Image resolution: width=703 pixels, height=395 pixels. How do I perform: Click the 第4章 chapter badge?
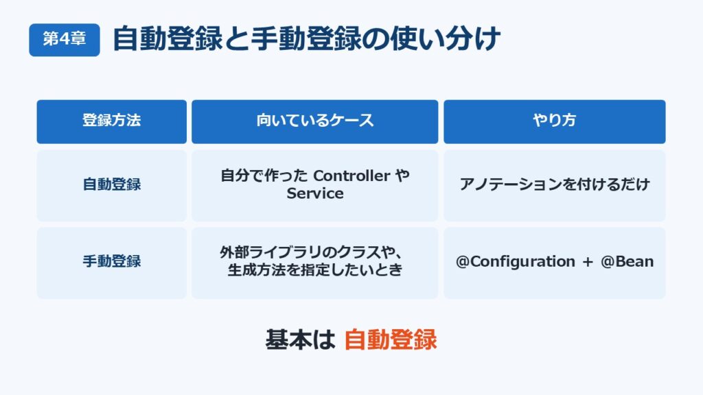[65, 40]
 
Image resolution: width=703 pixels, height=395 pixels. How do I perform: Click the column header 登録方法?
[112, 121]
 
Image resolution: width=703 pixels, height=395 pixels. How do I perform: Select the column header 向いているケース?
[314, 121]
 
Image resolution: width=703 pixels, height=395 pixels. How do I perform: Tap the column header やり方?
[555, 121]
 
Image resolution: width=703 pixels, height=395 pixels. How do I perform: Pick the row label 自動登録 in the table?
[112, 184]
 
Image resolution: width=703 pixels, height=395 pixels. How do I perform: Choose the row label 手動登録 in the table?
[112, 261]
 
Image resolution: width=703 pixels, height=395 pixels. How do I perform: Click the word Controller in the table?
[351, 176]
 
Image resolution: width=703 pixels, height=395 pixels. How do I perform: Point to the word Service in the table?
[315, 193]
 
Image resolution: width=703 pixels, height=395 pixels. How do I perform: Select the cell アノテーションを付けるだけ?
[555, 184]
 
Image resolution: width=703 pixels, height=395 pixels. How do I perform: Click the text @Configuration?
[515, 261]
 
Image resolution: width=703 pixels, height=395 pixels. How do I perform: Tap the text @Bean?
[627, 261]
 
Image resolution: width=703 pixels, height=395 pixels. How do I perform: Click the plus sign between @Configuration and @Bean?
[588, 262]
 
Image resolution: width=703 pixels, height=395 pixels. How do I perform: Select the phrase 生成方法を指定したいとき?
[315, 270]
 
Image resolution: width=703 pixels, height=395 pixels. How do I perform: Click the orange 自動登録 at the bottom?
[391, 339]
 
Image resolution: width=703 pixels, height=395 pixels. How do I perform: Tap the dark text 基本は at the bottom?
[300, 339]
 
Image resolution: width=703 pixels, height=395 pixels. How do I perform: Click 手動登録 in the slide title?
[306, 38]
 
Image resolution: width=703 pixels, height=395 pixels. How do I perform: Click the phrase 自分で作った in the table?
[264, 176]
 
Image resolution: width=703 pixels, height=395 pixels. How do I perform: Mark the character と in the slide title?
[236, 38]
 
